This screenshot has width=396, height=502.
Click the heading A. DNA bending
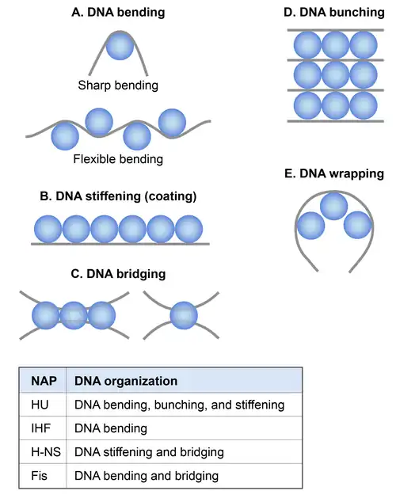118,13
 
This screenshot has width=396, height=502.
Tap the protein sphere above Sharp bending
120,46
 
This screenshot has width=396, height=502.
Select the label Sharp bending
118,86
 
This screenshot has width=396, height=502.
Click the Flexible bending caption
118,159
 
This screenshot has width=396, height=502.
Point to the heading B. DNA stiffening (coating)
118,196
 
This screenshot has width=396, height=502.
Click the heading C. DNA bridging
118,274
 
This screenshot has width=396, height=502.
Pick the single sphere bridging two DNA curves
184,315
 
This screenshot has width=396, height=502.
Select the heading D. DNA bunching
334,13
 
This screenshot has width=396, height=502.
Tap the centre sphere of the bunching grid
336,75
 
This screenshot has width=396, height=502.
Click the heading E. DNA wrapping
334,174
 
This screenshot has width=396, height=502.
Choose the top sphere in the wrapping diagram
334,206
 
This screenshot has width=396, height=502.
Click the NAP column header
44,381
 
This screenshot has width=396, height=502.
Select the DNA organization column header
126,381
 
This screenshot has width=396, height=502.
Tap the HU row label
40,405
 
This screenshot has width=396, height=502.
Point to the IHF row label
40,428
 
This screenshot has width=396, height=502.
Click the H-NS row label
46,452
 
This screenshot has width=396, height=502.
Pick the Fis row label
39,476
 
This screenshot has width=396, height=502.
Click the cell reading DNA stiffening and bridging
149,452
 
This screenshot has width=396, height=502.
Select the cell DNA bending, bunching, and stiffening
179,405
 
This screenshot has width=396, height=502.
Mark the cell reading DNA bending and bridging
147,476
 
